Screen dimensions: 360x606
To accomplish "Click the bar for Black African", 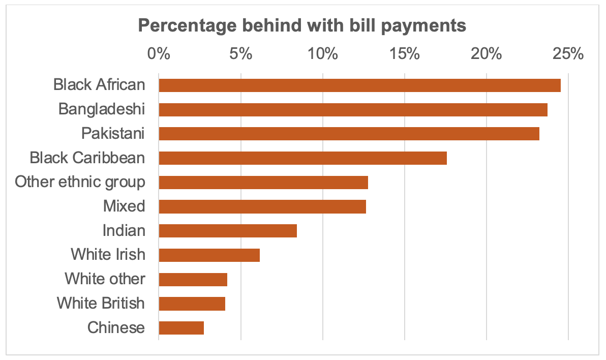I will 359,85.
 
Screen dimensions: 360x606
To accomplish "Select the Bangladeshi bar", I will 353,109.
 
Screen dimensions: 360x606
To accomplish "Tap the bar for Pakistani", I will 349,134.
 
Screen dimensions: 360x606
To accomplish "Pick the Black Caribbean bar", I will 302,158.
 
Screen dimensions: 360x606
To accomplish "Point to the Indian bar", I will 228,231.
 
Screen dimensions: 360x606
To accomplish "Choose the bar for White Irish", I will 209,255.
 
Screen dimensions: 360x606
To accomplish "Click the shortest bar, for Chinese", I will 181,328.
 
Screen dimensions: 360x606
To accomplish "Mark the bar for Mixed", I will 262,206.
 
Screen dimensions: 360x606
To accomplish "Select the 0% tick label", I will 159,53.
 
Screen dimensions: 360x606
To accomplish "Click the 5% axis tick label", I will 240,53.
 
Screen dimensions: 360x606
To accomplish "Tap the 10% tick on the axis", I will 322,53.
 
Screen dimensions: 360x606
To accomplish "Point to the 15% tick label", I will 405,53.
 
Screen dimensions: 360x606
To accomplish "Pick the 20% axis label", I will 487,53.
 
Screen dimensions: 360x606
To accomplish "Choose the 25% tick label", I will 568,53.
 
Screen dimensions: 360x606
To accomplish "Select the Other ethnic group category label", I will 80,182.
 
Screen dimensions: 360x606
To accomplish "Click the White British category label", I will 101,304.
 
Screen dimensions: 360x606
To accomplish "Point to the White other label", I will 105,279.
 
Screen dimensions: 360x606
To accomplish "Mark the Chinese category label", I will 116,328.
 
